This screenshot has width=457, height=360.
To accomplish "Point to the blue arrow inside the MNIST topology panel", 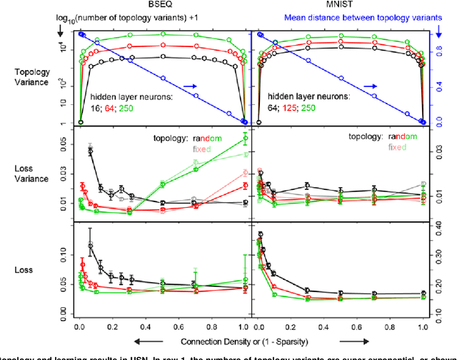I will (370, 86).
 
